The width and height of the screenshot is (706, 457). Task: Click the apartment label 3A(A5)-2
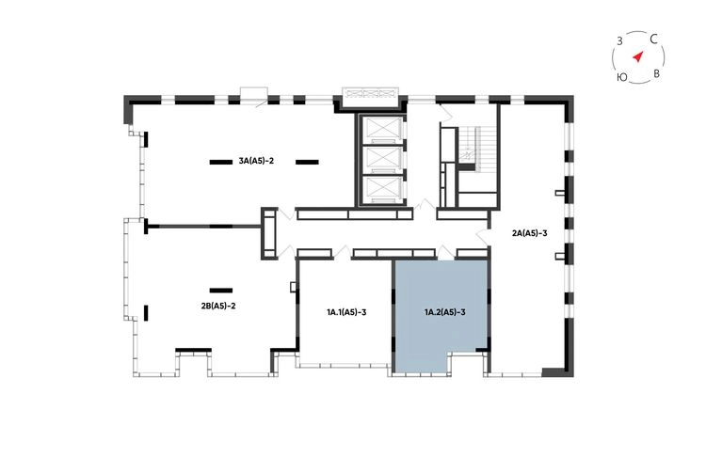256,161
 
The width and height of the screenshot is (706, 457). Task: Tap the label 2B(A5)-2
218,307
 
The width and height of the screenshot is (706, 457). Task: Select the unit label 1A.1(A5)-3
346,312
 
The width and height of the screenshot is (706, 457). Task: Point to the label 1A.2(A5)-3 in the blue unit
445,312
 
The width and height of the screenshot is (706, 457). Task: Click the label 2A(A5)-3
529,233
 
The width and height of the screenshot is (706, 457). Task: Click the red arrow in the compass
638,56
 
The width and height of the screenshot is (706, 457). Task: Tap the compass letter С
654,39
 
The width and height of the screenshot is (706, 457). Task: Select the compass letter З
619,41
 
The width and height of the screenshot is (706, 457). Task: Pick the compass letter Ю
622,77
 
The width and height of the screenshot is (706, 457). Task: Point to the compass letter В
656,73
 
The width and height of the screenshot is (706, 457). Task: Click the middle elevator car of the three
381,158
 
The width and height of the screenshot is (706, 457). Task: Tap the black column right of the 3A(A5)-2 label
307,162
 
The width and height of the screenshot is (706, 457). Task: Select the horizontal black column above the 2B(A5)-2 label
221,291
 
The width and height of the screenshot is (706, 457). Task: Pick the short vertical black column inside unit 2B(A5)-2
146,313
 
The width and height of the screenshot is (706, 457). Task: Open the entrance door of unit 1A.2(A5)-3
446,252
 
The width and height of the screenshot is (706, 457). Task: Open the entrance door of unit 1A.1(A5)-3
344,252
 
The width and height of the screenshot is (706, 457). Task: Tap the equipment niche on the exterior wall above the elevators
370,94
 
